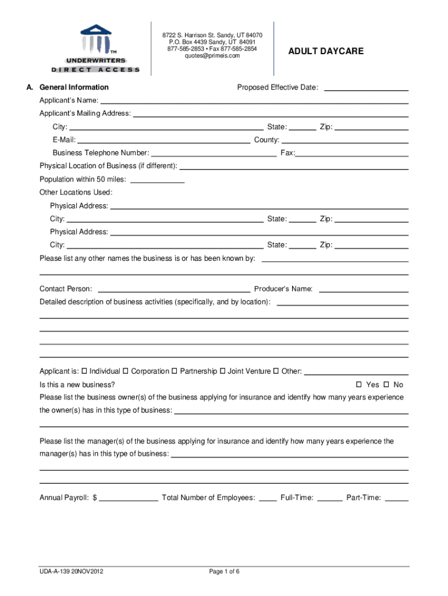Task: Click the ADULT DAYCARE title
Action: tap(325, 51)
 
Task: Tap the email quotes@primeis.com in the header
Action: tap(212, 56)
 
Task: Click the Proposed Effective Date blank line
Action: tap(365, 88)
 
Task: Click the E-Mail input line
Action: tap(163, 141)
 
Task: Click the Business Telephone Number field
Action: tap(214, 154)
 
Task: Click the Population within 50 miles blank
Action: tap(158, 180)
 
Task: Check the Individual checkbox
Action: tap(84, 371)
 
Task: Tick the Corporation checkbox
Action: tap(126, 371)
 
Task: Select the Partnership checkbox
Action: tap(175, 371)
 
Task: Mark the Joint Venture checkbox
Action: tap(222, 371)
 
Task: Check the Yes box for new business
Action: tap(360, 385)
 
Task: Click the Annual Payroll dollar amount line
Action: tap(129, 499)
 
